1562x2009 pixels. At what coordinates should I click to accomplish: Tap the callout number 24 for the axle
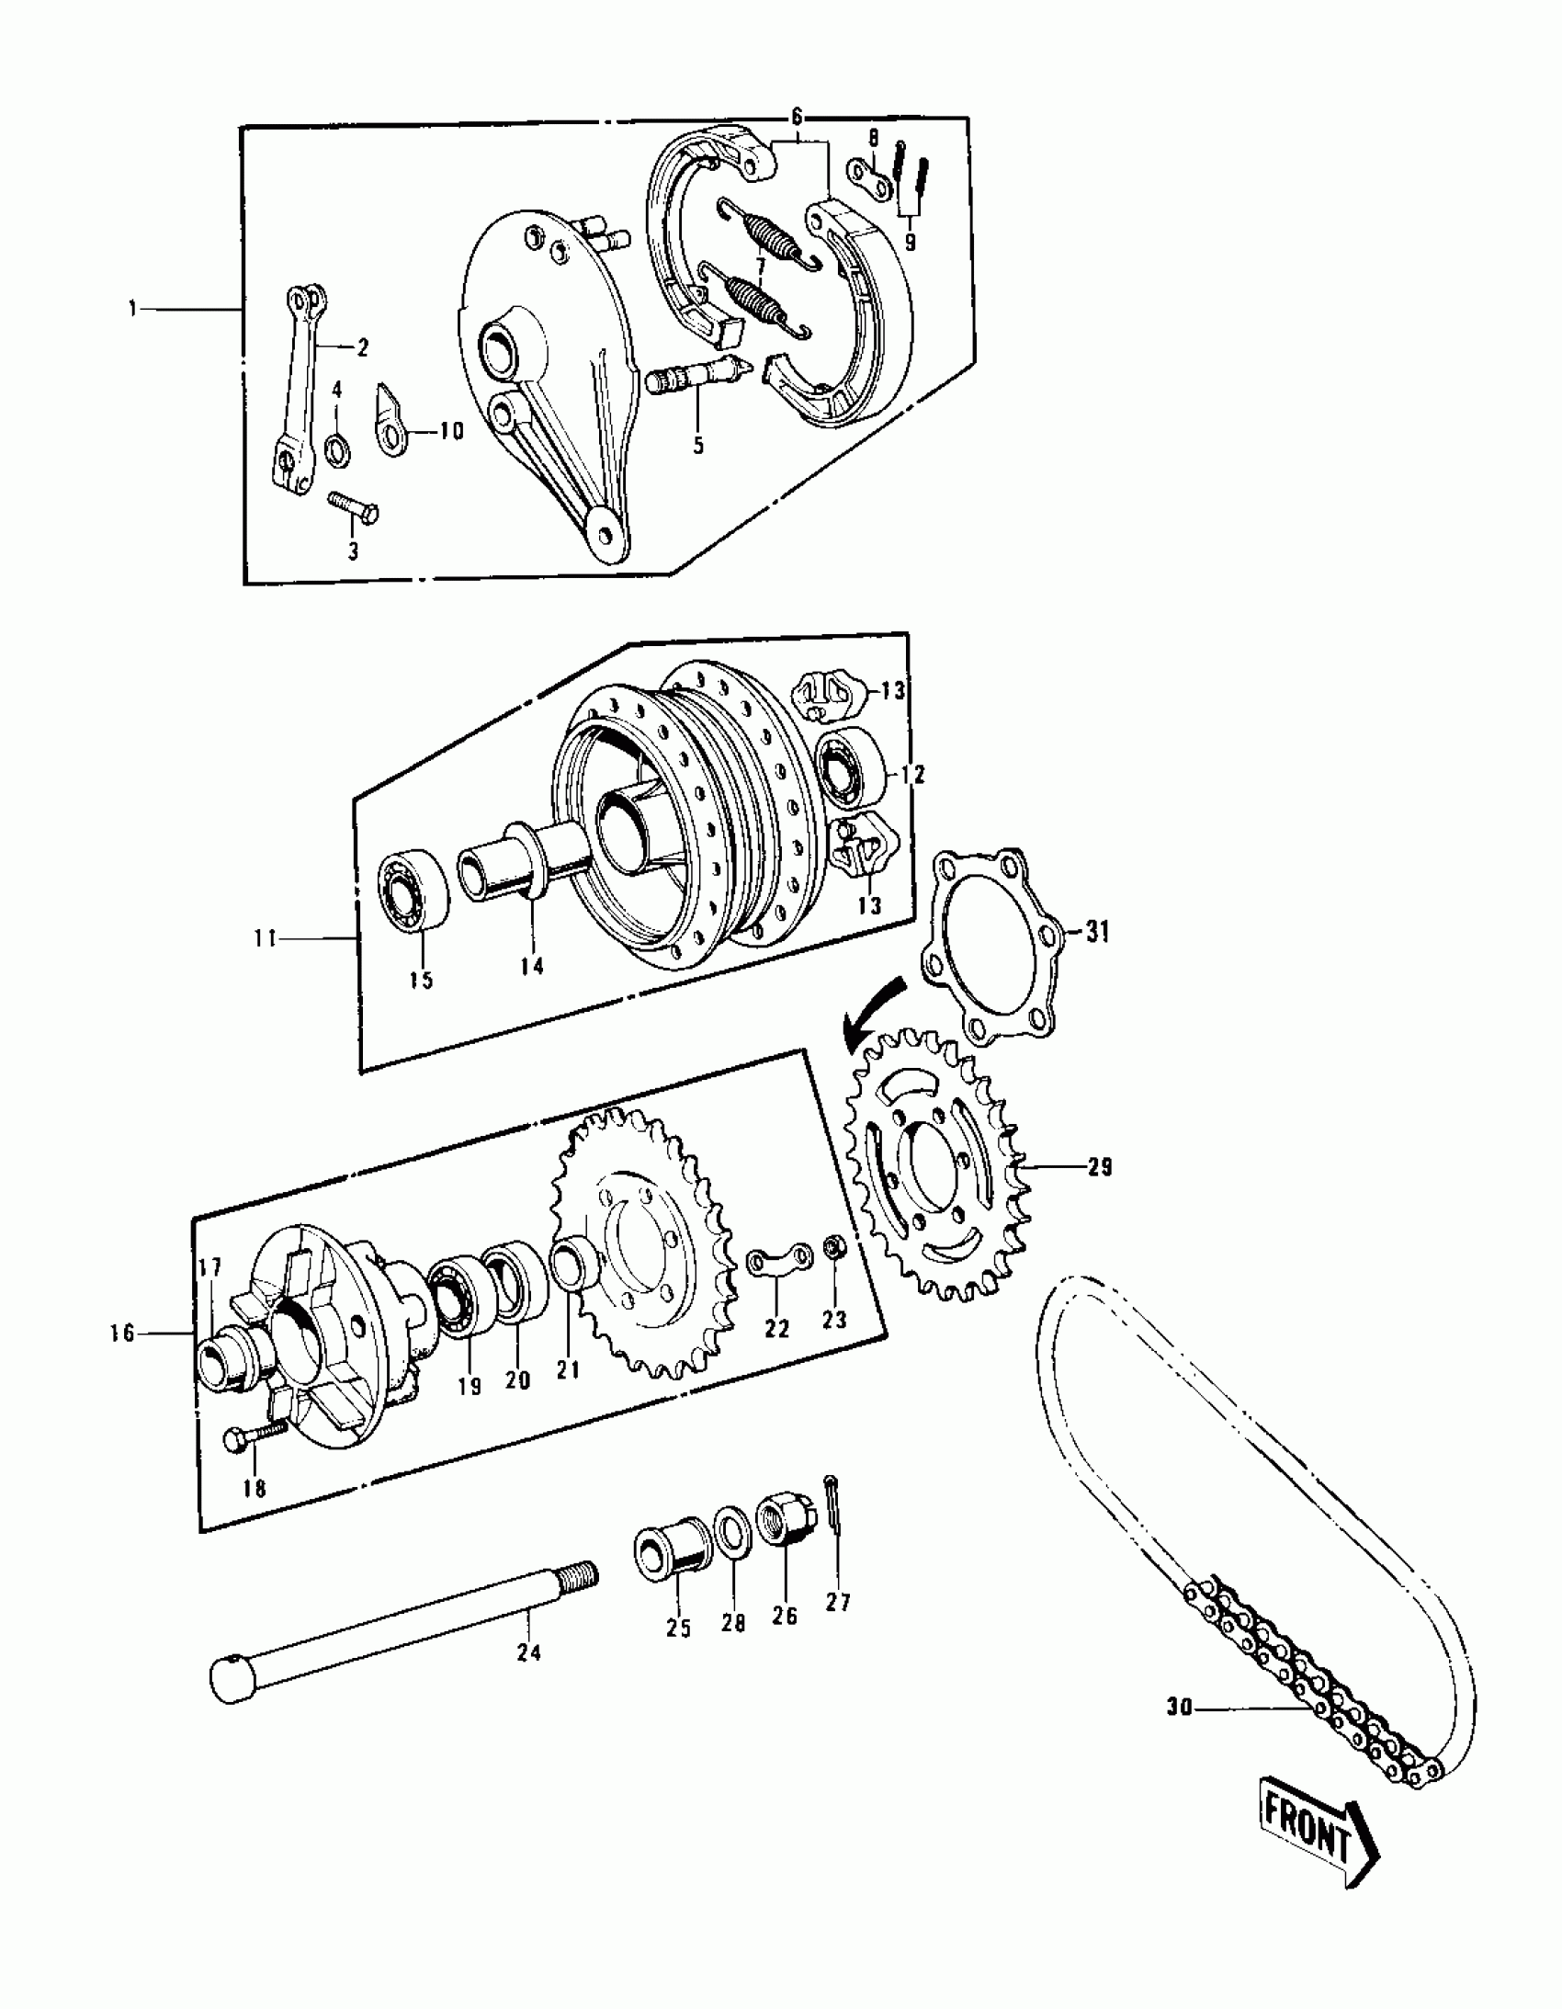coord(529,1653)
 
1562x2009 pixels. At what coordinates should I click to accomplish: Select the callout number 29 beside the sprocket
coord(1099,1166)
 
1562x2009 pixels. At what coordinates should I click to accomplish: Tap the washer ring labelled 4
coord(336,448)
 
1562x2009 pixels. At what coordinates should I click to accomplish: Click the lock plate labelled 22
coord(779,1263)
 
